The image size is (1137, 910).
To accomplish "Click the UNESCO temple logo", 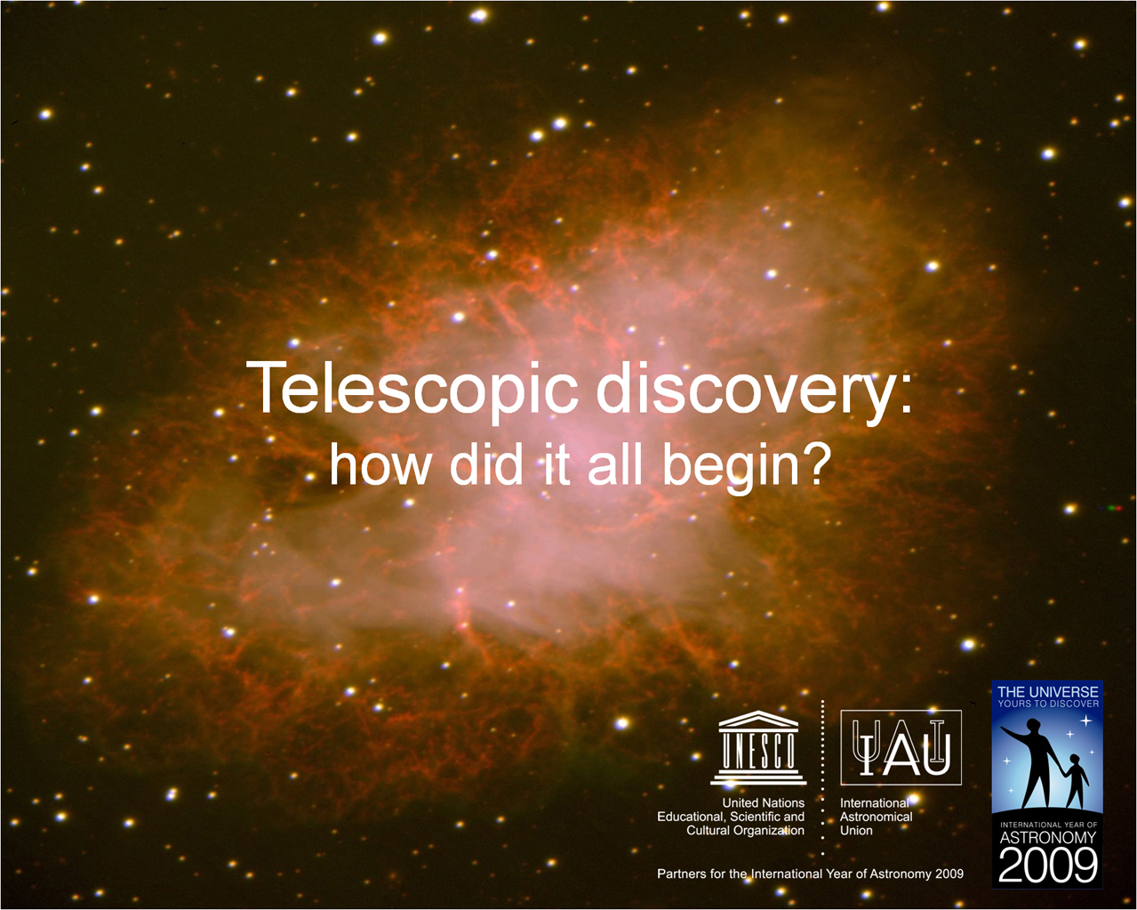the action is (x=758, y=747).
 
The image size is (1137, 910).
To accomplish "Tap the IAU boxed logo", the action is (x=901, y=747).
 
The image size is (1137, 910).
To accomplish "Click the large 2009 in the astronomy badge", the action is (x=1048, y=865).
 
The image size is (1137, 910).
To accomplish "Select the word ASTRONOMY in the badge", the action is (x=1048, y=838).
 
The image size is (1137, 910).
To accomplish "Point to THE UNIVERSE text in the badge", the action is (x=1048, y=692).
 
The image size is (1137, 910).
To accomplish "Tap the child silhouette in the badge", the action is (x=1076, y=782).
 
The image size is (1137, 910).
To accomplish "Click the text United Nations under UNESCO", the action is (x=763, y=802).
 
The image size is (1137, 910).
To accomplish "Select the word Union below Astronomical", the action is (x=856, y=830).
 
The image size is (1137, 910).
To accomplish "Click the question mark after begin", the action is (x=813, y=463).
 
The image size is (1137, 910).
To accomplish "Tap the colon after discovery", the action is (x=906, y=398).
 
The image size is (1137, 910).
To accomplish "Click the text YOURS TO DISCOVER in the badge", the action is (x=1048, y=704).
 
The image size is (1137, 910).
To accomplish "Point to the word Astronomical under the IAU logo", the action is (x=876, y=817).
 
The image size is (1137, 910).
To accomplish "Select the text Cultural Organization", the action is (x=745, y=831).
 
